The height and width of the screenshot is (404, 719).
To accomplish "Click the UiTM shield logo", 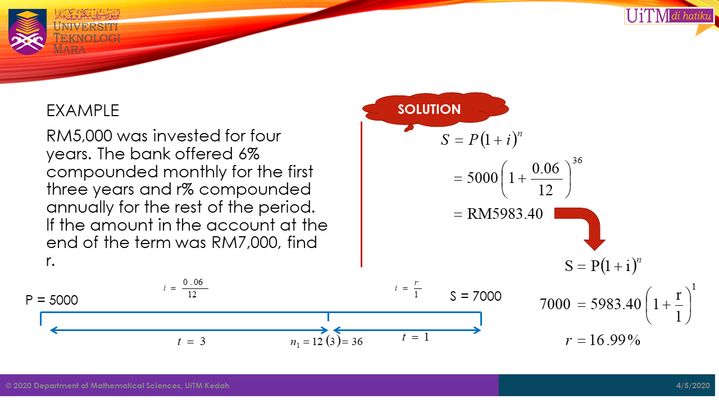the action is pyautogui.click(x=28, y=31).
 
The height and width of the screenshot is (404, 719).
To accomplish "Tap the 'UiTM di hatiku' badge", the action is pyautogui.click(x=669, y=16).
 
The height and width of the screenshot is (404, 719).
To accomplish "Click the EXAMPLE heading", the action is pyautogui.click(x=83, y=111).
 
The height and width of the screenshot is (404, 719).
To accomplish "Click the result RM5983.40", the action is pyautogui.click(x=504, y=214).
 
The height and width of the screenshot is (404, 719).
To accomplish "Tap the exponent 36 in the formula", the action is pyautogui.click(x=577, y=160).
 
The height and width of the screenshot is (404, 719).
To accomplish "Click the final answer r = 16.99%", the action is pyautogui.click(x=603, y=340).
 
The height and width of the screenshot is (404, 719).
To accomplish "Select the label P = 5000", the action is pyautogui.click(x=52, y=300).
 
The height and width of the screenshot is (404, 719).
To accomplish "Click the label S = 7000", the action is pyautogui.click(x=475, y=296).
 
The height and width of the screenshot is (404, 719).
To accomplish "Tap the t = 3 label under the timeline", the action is pyautogui.click(x=192, y=341).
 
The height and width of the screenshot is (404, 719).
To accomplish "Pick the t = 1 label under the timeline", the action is pyautogui.click(x=415, y=337).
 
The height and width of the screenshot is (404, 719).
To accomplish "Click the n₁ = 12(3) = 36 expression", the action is pyautogui.click(x=326, y=342).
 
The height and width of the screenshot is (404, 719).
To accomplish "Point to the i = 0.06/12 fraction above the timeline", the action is pyautogui.click(x=185, y=288).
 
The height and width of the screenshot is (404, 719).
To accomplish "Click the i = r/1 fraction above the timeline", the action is pyautogui.click(x=408, y=288).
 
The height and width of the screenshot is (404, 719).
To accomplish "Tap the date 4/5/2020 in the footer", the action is pyautogui.click(x=693, y=385).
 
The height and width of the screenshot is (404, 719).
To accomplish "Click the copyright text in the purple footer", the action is pyautogui.click(x=117, y=385).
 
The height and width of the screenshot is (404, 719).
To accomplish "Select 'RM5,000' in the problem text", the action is pyautogui.click(x=79, y=136).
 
